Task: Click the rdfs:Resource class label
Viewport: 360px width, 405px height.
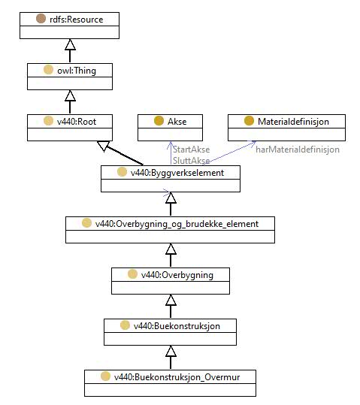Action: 76,20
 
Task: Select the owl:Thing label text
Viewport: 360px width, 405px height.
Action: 77,71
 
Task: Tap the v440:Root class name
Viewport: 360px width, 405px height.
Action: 77,122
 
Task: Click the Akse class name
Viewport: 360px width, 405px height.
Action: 177,122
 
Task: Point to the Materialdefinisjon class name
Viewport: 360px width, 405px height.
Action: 293,122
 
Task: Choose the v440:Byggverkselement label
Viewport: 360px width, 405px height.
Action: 177,173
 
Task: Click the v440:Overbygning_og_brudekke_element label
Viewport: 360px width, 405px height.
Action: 177,224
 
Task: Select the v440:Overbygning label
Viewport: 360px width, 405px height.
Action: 177,275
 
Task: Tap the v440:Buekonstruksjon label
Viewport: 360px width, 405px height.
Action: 177,326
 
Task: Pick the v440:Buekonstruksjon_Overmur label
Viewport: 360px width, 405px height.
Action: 177,377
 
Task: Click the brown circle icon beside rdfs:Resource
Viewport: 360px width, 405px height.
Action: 41,19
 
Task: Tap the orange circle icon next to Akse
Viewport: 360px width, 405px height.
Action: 159,121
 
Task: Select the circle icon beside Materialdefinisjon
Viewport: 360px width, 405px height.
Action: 249,121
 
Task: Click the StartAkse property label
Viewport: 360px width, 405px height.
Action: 191,150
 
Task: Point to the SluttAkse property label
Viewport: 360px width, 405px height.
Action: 191,160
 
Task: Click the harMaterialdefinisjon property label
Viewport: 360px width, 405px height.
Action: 298,150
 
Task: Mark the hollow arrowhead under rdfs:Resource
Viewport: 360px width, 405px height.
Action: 70,44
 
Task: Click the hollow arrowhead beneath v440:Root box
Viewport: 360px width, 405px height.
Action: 104,146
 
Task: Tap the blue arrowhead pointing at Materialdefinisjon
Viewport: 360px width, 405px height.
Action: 253,144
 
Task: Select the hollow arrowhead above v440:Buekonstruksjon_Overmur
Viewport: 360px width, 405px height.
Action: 171,351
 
